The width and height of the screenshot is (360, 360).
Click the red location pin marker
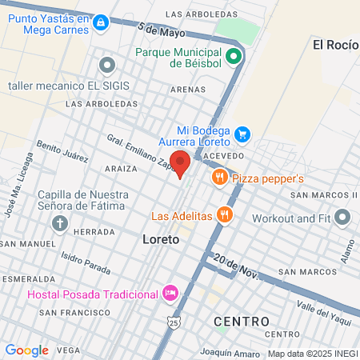tap(181, 162)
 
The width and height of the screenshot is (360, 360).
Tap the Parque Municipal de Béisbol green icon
tap(234, 56)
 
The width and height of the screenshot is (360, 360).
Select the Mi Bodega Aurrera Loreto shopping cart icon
tap(243, 134)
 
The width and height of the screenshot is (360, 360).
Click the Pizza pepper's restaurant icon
tap(219, 178)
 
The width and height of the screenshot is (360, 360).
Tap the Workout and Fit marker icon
tap(343, 217)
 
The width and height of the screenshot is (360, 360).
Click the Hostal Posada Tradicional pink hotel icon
tap(170, 294)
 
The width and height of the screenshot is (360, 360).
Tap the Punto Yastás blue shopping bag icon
tap(100, 24)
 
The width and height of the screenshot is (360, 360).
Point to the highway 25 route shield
tap(174, 322)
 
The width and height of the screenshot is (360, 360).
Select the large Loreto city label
tap(160, 239)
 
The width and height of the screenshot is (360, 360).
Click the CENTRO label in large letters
tap(242, 321)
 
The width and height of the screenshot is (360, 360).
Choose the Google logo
tap(27, 350)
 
